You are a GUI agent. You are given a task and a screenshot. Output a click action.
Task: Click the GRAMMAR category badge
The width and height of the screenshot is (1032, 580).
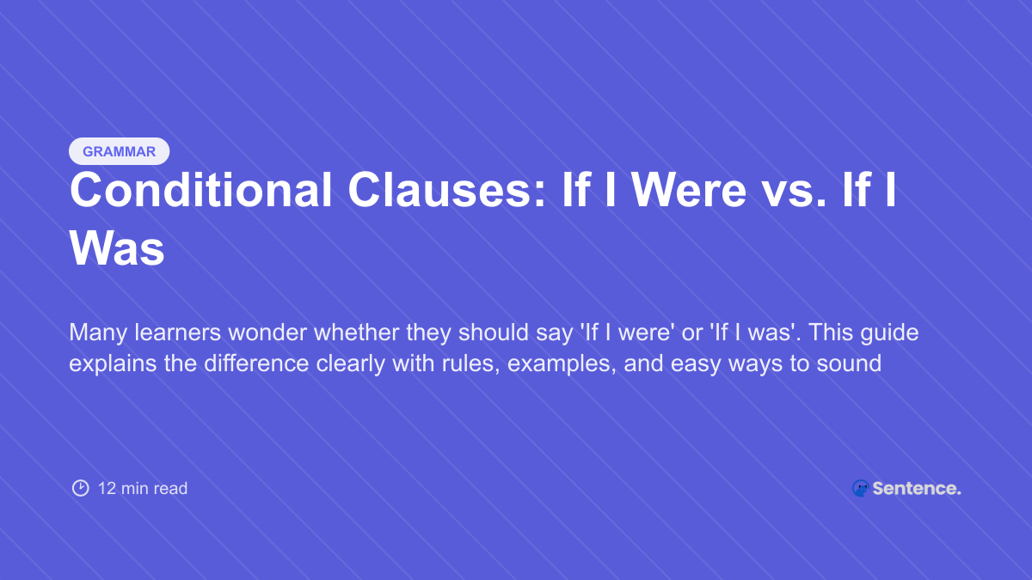[119, 151]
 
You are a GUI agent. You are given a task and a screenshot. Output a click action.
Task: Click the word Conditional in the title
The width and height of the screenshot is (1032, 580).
[200, 191]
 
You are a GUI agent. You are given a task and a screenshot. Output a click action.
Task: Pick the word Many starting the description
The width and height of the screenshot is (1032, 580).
[94, 333]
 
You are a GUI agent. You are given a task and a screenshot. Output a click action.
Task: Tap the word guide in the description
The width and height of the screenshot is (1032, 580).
[889, 333]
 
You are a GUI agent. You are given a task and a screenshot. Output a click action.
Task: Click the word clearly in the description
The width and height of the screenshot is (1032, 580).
[353, 363]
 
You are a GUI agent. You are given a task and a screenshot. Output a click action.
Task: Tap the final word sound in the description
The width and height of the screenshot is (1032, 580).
[851, 363]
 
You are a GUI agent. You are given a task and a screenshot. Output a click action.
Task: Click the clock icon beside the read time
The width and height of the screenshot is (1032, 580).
[80, 488]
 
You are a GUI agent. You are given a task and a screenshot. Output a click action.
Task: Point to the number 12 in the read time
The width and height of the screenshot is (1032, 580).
[107, 488]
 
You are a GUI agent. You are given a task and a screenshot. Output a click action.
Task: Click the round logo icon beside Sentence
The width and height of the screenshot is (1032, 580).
[860, 488]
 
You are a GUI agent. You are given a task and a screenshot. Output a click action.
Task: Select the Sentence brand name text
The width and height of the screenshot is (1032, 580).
[916, 488]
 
